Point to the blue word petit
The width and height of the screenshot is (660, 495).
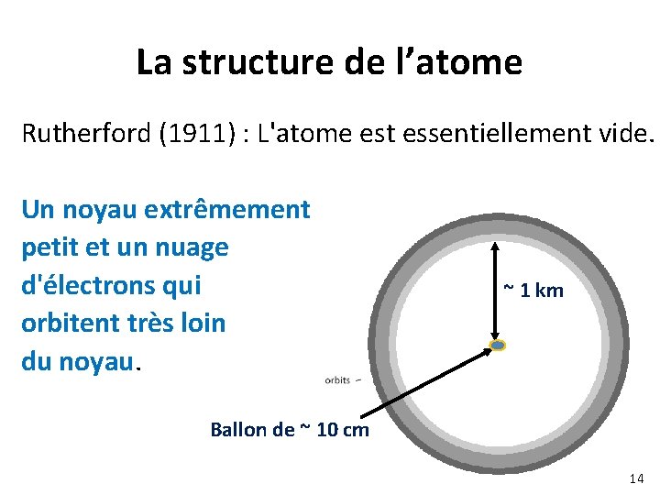[49, 247]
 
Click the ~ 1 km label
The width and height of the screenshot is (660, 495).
[533, 291]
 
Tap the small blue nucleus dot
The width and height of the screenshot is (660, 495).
[498, 346]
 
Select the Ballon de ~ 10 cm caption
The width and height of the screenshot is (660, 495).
[290, 429]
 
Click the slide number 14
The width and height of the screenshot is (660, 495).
[636, 478]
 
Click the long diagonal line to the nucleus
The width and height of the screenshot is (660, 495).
[422, 379]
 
